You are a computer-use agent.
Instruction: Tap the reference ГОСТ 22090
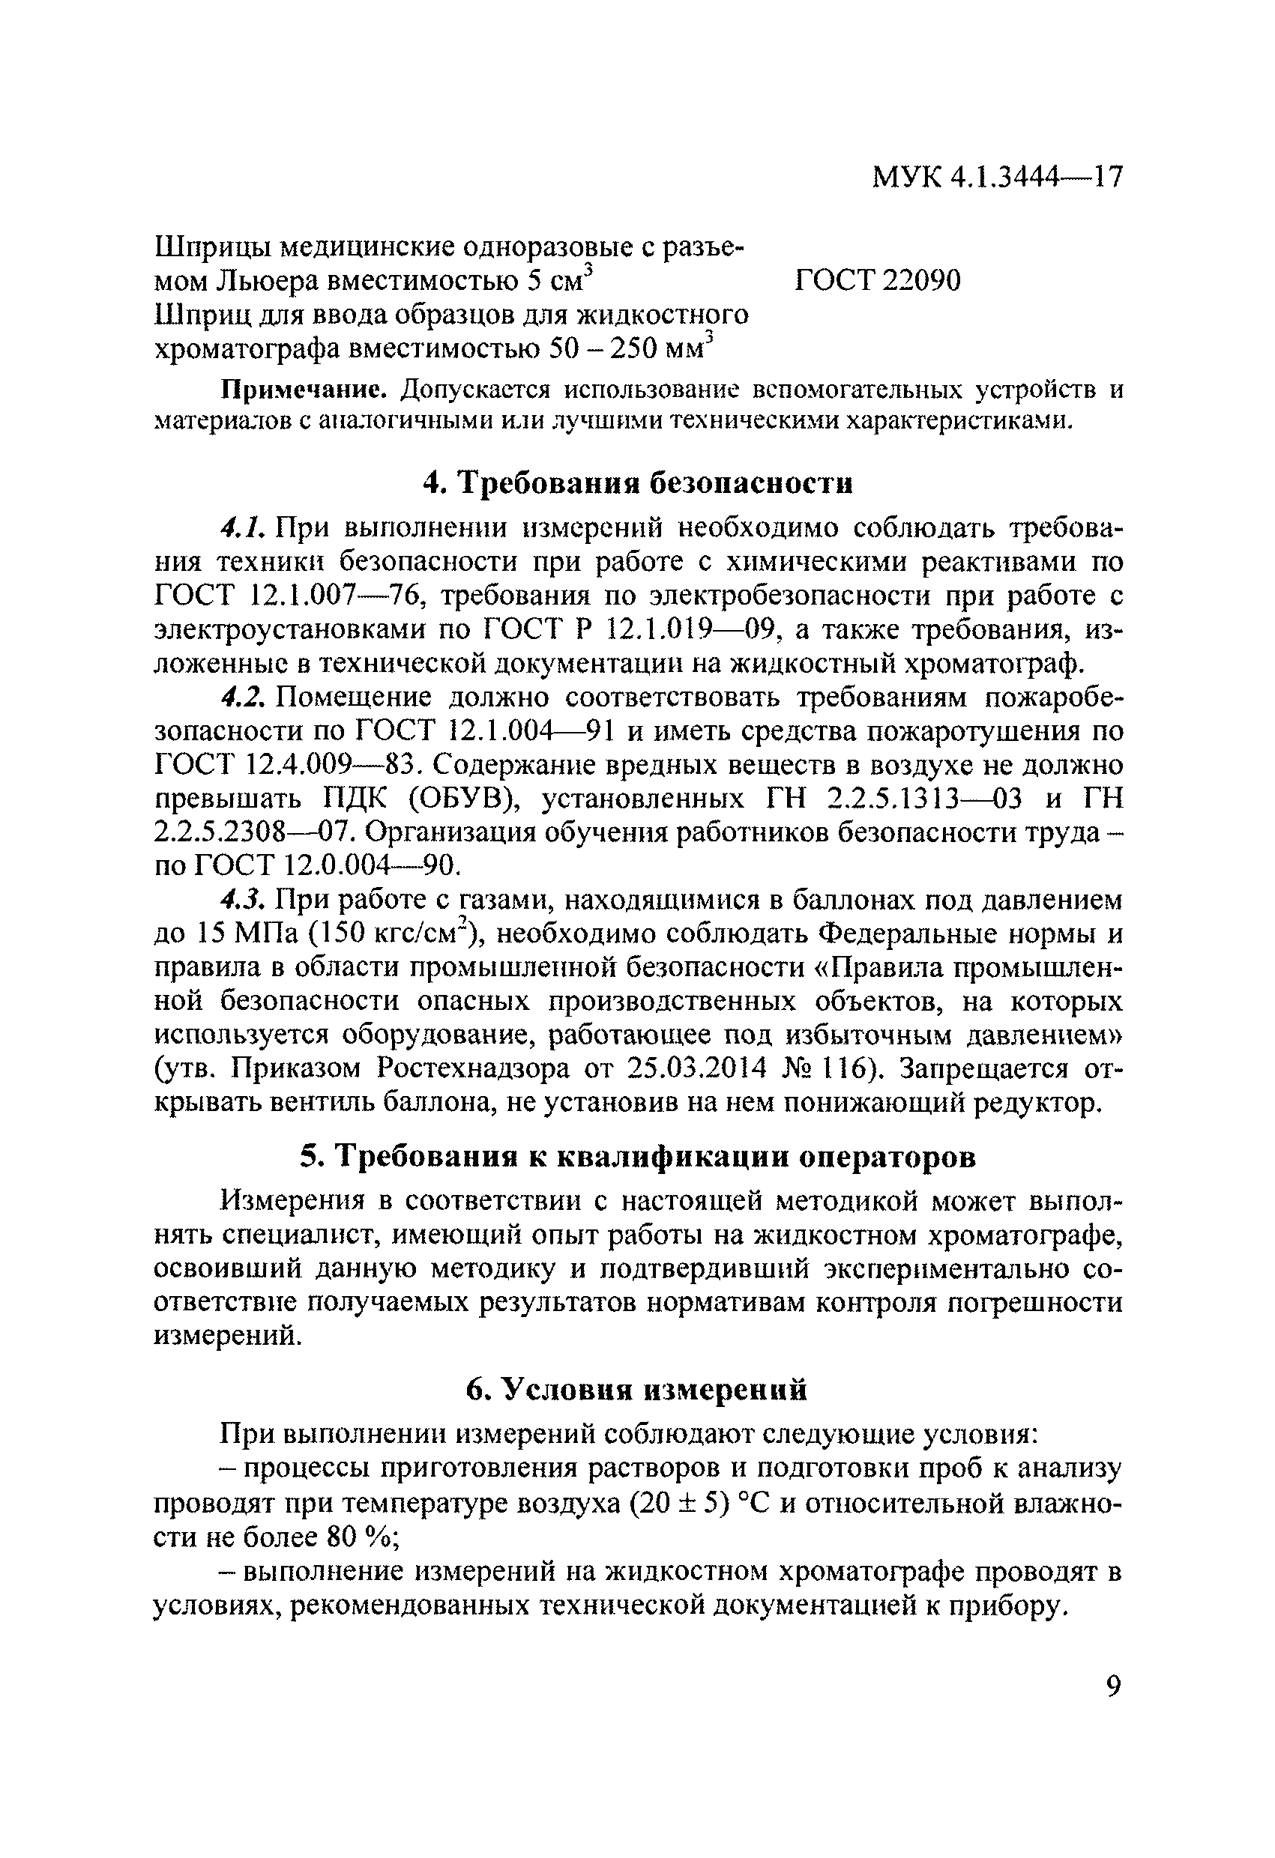point(878,281)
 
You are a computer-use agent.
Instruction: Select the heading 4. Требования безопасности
point(637,483)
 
